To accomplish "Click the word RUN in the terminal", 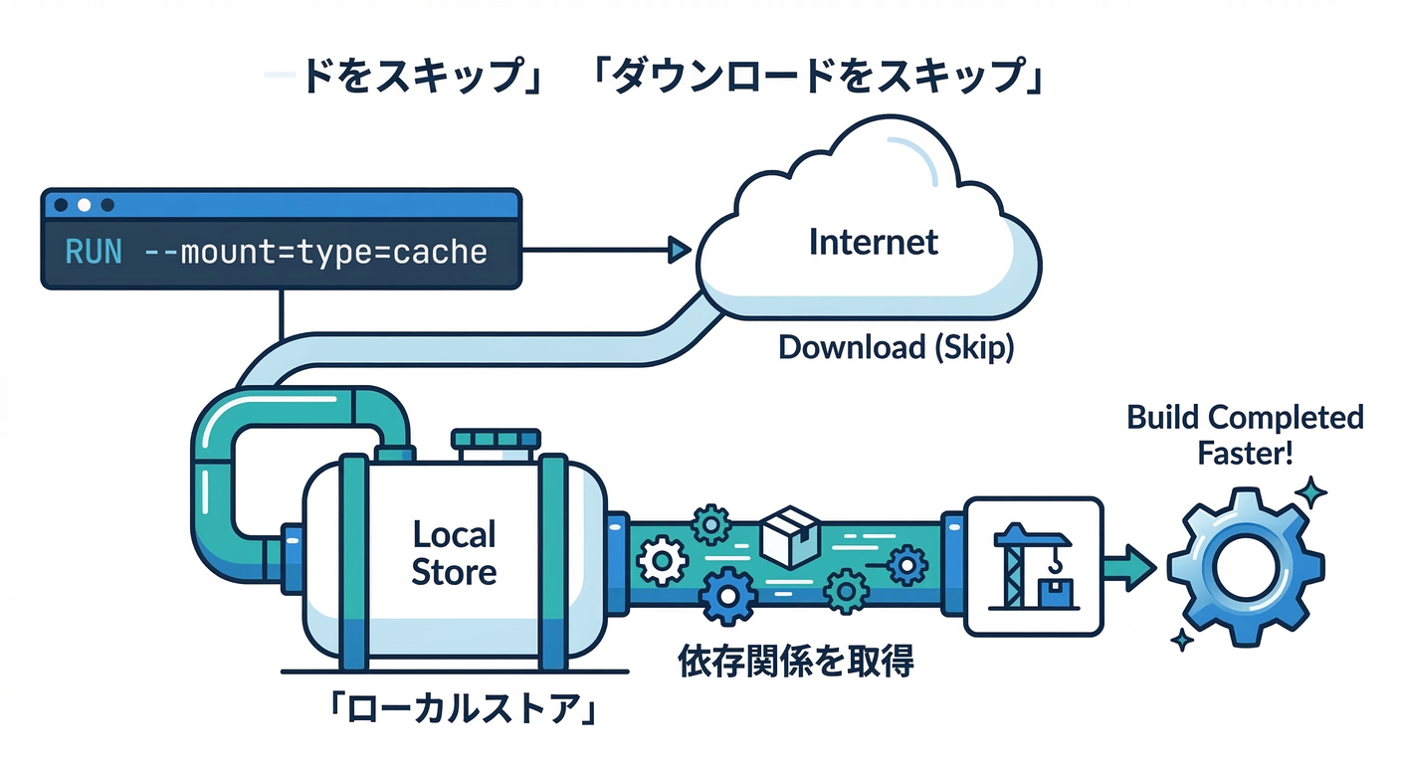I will [93, 251].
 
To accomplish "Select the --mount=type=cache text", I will [315, 251].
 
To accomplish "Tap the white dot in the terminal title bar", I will [84, 205].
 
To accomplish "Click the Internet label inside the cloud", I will [874, 242].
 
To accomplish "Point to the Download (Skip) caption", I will [895, 347].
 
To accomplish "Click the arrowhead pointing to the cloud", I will [680, 251].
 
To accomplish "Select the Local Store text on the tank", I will [454, 553].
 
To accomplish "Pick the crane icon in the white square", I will [1033, 567].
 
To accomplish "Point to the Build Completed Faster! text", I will [1245, 435].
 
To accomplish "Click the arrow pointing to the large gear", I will [1131, 567].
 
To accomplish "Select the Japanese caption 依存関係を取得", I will [794, 660].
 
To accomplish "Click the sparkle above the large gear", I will [1311, 491].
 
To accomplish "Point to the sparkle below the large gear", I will [1182, 641].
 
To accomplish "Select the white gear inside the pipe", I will [660, 562].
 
